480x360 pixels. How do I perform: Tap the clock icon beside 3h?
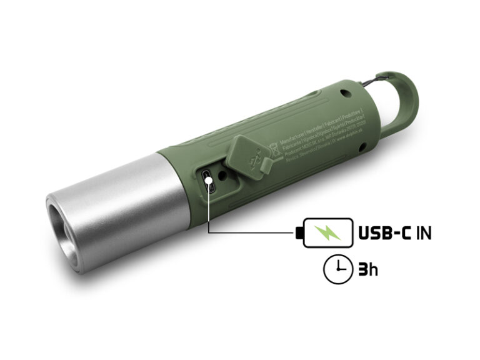coord(336,269)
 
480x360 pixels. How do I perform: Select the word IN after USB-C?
coord(424,234)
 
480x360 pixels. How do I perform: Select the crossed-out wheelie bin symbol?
coord(273,149)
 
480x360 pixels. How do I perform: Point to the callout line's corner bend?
coord(208,234)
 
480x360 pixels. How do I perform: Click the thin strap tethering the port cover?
coord(268,163)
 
